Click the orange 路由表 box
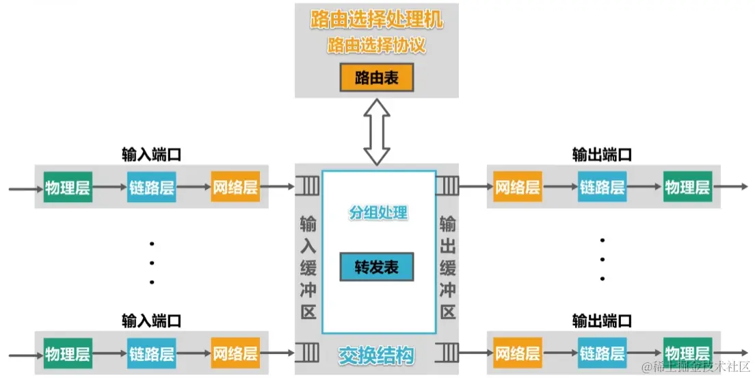point(376,79)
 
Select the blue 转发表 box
point(376,267)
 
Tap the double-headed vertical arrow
point(376,131)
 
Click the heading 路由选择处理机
point(376,20)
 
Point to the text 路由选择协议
point(376,46)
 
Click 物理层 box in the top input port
point(68,188)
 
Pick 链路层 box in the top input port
point(151,188)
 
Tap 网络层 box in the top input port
point(235,188)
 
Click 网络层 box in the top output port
point(518,187)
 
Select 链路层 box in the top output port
point(602,187)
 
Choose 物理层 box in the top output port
point(687,187)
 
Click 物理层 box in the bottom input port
point(68,354)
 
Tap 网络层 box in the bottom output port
point(518,354)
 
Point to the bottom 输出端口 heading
point(602,320)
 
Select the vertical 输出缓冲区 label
point(447,267)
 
